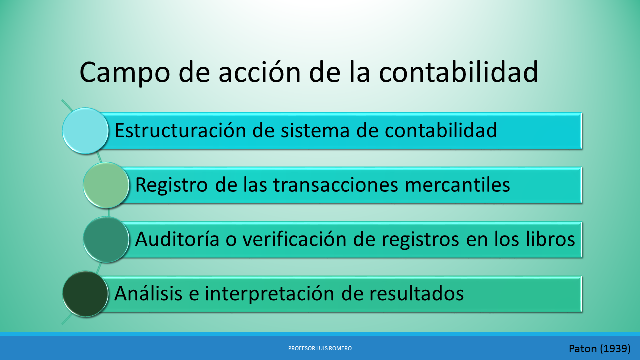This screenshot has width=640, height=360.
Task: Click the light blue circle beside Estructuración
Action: tap(85, 130)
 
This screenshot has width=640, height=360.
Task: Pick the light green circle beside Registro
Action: tap(106, 185)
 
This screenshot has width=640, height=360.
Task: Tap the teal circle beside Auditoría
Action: tap(106, 240)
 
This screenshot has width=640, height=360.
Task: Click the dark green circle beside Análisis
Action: tap(85, 294)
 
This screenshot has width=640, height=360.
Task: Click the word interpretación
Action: tap(272, 294)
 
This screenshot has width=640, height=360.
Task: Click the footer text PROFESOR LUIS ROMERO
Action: tap(320, 348)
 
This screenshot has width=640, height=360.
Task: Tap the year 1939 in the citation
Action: tap(615, 349)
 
